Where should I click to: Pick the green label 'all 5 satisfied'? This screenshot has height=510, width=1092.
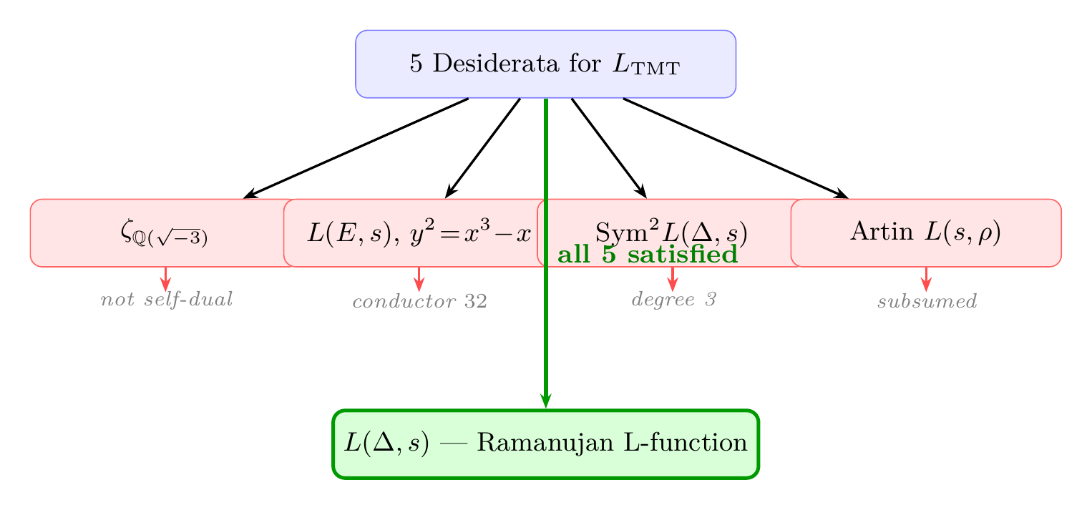647,255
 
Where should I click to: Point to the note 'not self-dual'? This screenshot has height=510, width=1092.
167,300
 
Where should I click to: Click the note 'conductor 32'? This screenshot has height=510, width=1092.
420,302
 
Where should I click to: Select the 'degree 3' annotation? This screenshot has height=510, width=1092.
673,300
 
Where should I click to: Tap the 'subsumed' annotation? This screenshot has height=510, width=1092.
927,302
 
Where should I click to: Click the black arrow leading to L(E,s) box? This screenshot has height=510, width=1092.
483,148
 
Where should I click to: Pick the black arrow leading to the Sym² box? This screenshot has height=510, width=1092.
608,148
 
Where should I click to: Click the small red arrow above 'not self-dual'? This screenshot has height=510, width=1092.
166,278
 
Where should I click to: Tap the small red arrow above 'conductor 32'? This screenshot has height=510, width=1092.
419,278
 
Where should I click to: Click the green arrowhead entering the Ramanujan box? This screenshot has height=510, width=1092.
545,402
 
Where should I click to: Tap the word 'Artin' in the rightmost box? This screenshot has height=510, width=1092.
870,232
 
